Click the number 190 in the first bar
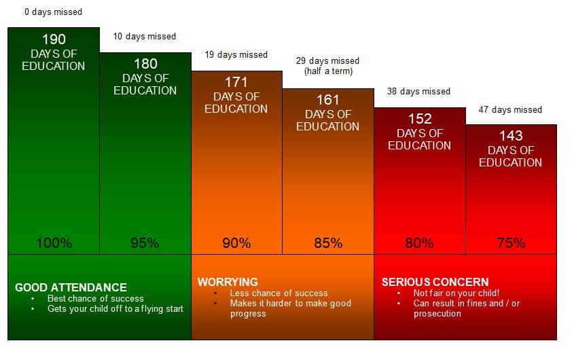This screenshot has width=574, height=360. [x=54, y=39]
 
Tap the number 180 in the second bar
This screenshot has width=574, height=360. [x=145, y=64]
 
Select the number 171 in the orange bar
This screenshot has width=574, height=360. [x=236, y=82]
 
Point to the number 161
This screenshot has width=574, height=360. [x=328, y=100]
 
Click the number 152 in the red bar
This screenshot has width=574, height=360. [x=420, y=119]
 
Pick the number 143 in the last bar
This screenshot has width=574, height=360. [x=511, y=136]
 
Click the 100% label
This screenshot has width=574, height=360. [x=54, y=242]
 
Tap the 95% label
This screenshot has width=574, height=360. [x=145, y=242]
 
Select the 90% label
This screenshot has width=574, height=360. [x=236, y=242]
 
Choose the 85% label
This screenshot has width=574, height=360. [x=328, y=242]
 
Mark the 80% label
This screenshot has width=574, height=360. [x=420, y=242]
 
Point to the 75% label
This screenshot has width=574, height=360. [x=511, y=242]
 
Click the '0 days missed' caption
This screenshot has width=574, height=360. [x=54, y=12]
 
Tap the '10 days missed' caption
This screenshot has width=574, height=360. [x=145, y=36]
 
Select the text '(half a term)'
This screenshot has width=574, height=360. [x=328, y=71]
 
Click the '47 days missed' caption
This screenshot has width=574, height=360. [x=510, y=109]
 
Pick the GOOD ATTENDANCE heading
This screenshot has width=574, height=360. [x=71, y=287]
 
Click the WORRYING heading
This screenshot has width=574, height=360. [x=228, y=282]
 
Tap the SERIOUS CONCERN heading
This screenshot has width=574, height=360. [x=435, y=282]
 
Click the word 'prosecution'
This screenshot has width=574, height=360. [x=437, y=314]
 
